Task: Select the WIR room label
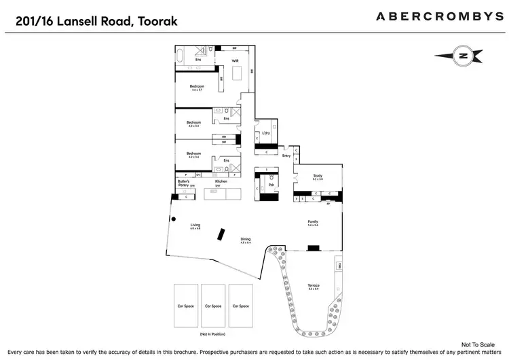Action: [235, 61]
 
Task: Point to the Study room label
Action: [316, 176]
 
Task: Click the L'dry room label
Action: [266, 133]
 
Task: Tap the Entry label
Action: [286, 156]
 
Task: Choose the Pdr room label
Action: [271, 184]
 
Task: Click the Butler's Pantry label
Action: [182, 183]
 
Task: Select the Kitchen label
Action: [221, 182]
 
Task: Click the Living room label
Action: [195, 225]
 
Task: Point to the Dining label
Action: [245, 240]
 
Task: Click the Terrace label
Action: [313, 285]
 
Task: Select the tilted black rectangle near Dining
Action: [221, 234]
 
